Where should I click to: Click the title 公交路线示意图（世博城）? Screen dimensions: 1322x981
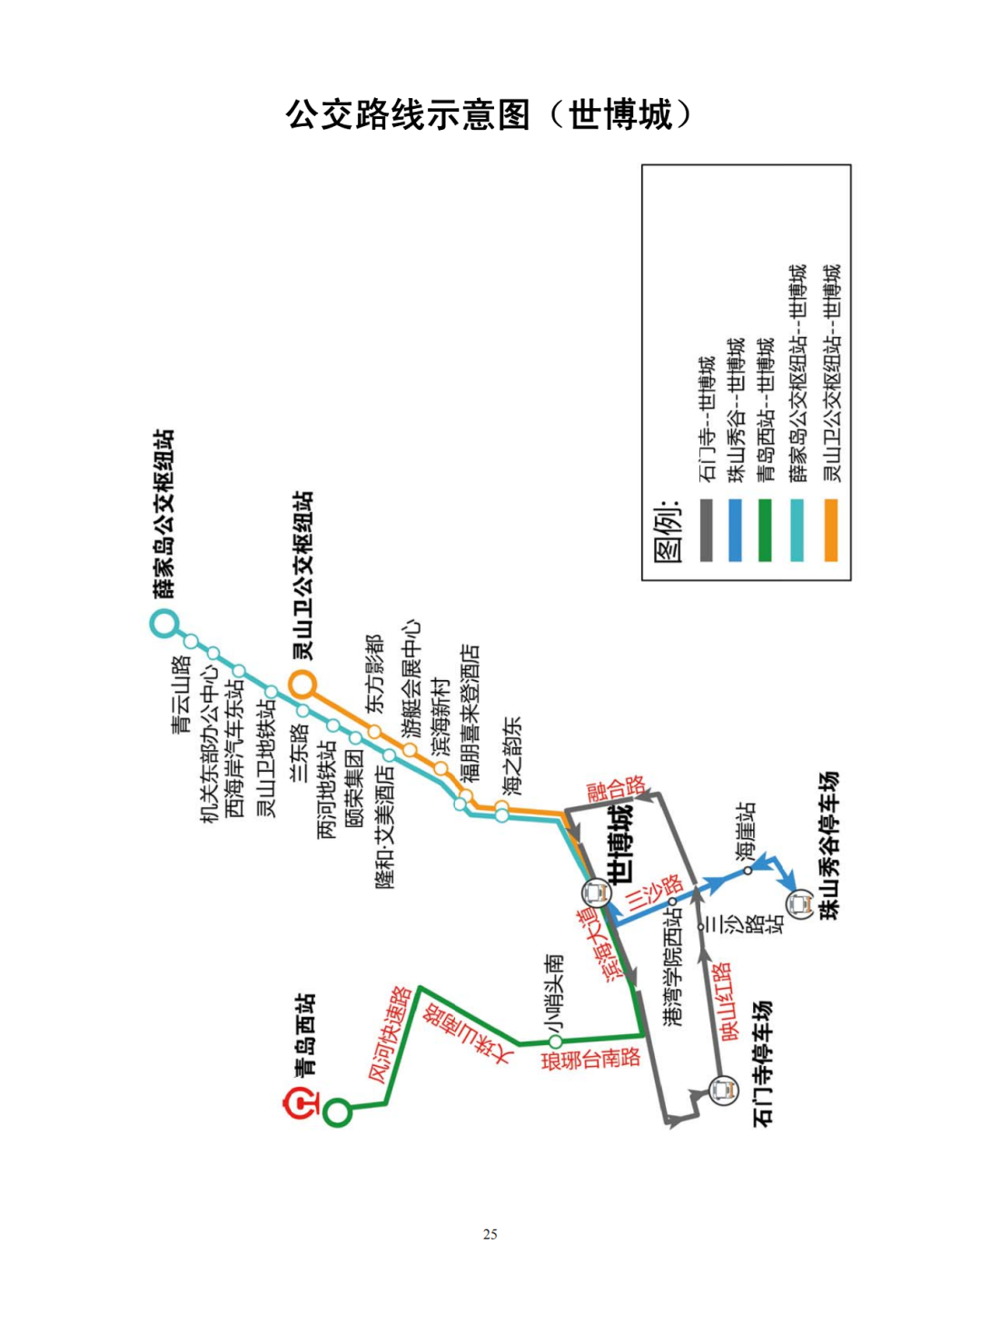pyautogui.click(x=490, y=115)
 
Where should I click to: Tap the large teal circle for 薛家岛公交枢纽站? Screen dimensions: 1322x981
pyautogui.click(x=164, y=624)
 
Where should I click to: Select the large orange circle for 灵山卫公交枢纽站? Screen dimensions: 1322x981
pyautogui.click(x=302, y=682)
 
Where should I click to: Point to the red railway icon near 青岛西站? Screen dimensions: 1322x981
pyautogui.click(x=301, y=1104)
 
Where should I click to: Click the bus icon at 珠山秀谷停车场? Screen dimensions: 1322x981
pyautogui.click(x=800, y=904)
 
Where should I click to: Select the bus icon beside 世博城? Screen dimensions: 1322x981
pyautogui.click(x=598, y=893)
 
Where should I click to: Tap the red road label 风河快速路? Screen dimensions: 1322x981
pyautogui.click(x=391, y=1034)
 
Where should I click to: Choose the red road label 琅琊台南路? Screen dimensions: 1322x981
pyautogui.click(x=591, y=1059)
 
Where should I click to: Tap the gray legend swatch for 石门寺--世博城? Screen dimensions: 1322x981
pyautogui.click(x=706, y=530)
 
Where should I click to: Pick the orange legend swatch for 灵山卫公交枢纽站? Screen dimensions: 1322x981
pyautogui.click(x=830, y=530)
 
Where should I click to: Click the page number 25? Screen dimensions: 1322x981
pyautogui.click(x=490, y=1234)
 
